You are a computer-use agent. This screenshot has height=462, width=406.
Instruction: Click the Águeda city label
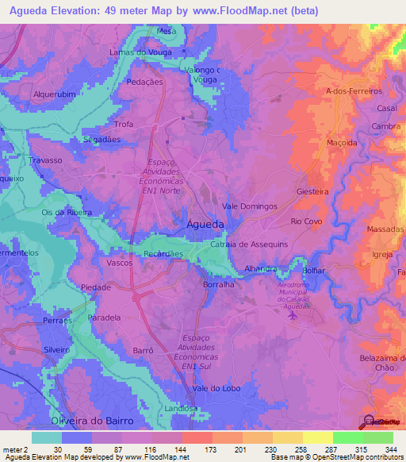click(x=205, y=225)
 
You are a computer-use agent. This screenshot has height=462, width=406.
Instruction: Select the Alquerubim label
click(x=54, y=93)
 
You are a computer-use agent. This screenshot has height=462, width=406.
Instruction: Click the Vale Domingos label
click(x=250, y=206)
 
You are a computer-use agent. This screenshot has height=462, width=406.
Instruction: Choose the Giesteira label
click(x=312, y=191)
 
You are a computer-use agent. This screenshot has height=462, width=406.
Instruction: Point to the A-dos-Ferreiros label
click(x=354, y=91)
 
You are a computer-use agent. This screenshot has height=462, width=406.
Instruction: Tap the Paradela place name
click(x=104, y=318)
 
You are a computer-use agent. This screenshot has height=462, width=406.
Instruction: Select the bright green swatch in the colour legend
click(x=347, y=437)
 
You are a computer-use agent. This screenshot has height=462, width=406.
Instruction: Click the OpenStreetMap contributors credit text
click(x=356, y=457)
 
